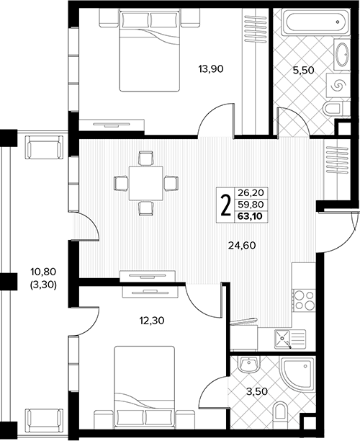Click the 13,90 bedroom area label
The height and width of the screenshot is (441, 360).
211,68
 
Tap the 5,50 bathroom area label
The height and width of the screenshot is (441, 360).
303,70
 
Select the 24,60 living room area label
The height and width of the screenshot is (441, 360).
242,246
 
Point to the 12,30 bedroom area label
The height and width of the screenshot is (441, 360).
152,321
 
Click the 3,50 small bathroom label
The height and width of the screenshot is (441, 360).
256,391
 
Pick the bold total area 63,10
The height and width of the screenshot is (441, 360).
250,216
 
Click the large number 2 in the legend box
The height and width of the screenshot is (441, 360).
225,205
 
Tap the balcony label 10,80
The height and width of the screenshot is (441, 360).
43,272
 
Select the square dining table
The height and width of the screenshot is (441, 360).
146,183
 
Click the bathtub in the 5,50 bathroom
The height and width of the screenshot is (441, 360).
315,22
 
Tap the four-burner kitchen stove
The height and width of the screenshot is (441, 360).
303,300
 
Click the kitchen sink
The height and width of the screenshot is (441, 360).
290,339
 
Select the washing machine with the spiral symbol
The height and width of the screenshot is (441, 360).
338,86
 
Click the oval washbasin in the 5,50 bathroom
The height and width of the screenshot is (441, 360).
342,55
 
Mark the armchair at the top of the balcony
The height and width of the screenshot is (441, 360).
43,147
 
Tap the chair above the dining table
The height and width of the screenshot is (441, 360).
146,159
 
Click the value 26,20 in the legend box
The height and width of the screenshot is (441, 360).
251,193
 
